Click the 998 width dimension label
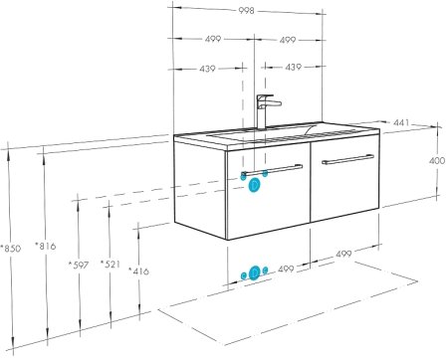tap(246, 11)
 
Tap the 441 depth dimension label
tap(401, 123)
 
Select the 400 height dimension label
tap(437, 161)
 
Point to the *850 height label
tap(11, 248)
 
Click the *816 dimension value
tap(46, 246)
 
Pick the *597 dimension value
tap(79, 265)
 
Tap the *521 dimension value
tap(111, 264)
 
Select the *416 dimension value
tap(138, 271)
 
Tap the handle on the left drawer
tap(272, 170)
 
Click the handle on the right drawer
tap(347, 159)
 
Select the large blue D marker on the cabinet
tap(254, 185)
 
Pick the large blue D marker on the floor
tap(255, 272)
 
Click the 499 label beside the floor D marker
tap(286, 269)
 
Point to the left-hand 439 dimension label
tap(207, 69)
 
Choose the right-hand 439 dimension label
tap(293, 67)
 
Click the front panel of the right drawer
tap(344, 181)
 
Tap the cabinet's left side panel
tap(200, 188)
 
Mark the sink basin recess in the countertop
tap(262, 133)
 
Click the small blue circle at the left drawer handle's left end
tap(243, 176)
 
